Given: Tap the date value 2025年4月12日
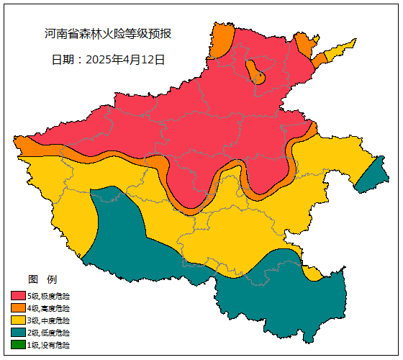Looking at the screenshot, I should tap(125, 60).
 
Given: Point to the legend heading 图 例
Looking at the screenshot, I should tap(42, 279).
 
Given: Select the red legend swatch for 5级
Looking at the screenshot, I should tap(18, 296).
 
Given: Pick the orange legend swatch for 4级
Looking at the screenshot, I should tap(18, 308).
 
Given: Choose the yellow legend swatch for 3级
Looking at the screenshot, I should tap(18, 320).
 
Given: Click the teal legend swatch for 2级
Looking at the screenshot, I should tap(18, 333).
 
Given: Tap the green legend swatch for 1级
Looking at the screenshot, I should tap(18, 345).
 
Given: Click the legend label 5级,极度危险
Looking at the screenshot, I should tap(49, 296).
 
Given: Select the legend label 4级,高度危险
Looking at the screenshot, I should tap(49, 308).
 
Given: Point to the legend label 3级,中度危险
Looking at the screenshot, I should tap(49, 320).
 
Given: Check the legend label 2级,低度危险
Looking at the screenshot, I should tap(49, 333).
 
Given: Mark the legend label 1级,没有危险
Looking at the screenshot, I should tap(49, 345).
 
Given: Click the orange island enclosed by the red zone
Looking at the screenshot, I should tap(255, 72).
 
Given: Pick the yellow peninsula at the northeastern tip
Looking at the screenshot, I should tap(338, 52).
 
